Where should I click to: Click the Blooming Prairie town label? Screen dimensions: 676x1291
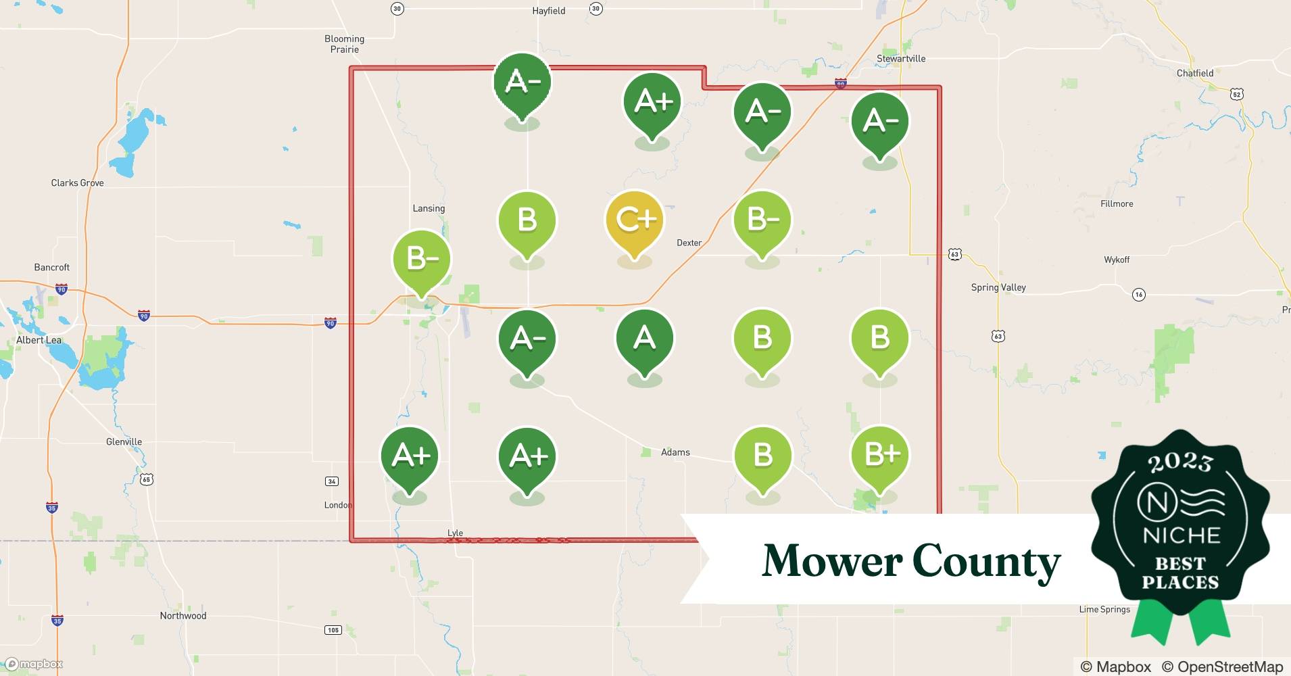click(x=344, y=44)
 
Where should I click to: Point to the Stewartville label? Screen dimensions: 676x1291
click(x=900, y=59)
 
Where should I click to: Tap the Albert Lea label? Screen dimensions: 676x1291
click(x=39, y=340)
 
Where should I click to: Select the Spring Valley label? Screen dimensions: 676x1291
click(x=998, y=287)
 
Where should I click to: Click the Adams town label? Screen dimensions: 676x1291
click(x=675, y=452)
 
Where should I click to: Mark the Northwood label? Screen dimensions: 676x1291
click(x=182, y=615)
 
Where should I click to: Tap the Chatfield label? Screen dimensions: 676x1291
click(x=1194, y=73)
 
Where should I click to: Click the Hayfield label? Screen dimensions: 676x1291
click(x=548, y=11)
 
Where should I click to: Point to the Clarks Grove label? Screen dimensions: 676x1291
click(x=77, y=183)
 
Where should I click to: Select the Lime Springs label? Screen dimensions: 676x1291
click(x=1104, y=609)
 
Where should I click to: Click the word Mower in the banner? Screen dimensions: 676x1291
click(x=832, y=561)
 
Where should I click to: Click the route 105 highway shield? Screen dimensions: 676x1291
click(x=333, y=630)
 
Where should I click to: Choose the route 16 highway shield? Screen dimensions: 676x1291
click(x=1138, y=295)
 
